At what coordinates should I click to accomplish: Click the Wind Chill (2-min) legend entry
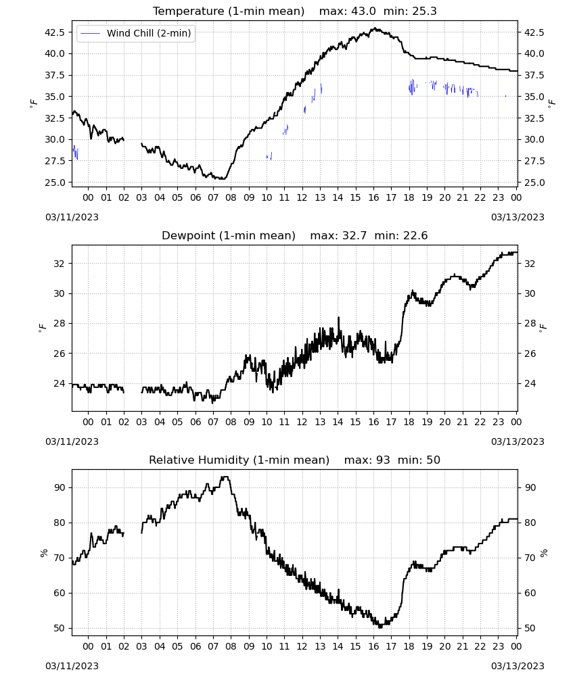tap(136, 33)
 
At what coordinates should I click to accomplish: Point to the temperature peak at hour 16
tap(375, 28)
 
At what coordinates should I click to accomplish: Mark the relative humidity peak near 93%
tap(225, 477)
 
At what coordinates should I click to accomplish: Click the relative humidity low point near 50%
tap(380, 627)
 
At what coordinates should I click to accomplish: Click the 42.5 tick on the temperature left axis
tap(55, 32)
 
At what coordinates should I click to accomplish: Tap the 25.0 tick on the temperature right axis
tap(534, 183)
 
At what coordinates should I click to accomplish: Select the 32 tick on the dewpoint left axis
tap(59, 264)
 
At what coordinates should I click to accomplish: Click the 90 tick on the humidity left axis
tap(60, 487)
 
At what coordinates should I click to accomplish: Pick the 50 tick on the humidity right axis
tap(530, 628)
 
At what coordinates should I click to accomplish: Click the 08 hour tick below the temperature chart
tap(231, 197)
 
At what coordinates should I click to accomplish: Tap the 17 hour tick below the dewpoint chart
tap(391, 422)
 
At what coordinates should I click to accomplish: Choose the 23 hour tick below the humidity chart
tap(498, 646)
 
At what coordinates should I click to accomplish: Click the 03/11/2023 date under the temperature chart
tap(72, 217)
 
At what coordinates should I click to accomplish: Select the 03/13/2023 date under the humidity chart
tap(517, 666)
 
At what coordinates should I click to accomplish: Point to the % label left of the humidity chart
tap(43, 553)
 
